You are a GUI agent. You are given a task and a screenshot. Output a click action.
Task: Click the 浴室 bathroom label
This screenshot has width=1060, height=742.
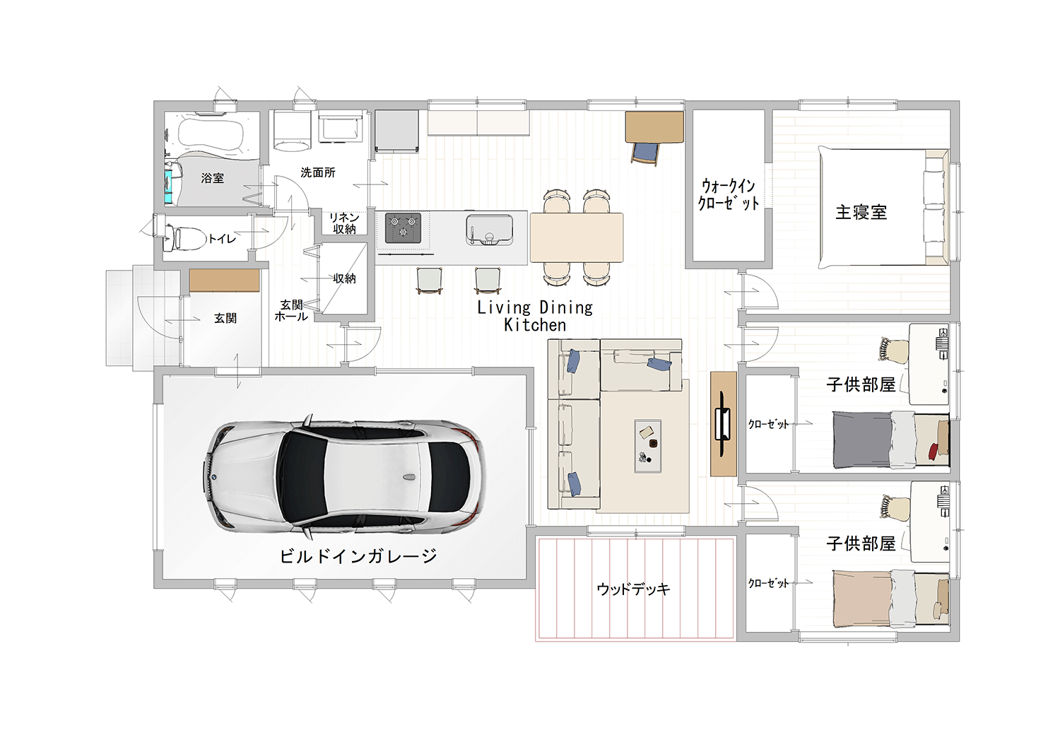click(213, 178)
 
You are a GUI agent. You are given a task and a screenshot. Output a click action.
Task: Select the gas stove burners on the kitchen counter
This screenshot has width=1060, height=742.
click(404, 228)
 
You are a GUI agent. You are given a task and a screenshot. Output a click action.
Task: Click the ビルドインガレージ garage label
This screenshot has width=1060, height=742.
click(358, 556)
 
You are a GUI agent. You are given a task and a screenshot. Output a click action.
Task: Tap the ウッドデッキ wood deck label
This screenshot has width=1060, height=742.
click(634, 589)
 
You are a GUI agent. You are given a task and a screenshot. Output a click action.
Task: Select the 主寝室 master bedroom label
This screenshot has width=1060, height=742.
click(861, 212)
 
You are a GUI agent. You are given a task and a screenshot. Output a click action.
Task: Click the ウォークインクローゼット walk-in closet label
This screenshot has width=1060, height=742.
click(729, 194)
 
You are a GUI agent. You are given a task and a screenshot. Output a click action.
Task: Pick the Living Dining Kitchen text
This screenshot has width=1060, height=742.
click(535, 316)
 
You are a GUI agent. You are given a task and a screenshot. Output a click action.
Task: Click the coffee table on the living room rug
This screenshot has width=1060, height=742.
click(648, 446)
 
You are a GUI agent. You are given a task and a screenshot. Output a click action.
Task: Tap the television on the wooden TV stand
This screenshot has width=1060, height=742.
click(723, 424)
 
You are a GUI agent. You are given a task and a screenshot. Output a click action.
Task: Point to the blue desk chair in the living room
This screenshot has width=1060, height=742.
click(645, 153)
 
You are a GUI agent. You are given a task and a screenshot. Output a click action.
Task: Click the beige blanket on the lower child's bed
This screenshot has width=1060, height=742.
click(863, 597)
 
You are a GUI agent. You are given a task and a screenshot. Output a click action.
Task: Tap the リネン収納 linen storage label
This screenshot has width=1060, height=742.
click(345, 223)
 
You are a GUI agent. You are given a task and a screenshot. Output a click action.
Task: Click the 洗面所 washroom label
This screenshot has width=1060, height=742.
click(318, 172)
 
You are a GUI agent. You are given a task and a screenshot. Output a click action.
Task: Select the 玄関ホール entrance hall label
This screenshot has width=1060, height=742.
click(291, 310)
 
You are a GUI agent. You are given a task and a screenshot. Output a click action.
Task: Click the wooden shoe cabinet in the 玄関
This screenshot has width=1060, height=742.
click(224, 281)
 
